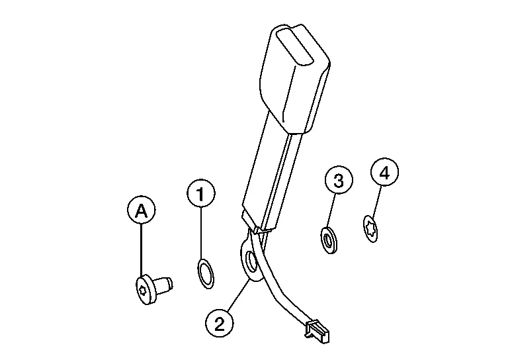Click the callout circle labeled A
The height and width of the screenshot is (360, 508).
click(141, 211)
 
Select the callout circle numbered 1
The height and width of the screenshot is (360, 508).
click(202, 194)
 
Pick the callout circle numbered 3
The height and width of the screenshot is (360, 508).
click(338, 181)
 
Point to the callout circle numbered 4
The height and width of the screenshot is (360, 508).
click(384, 173)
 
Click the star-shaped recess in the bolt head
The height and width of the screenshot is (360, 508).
click(143, 289)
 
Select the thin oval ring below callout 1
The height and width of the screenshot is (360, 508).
click(206, 274)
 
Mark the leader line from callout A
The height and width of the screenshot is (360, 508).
click(142, 251)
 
